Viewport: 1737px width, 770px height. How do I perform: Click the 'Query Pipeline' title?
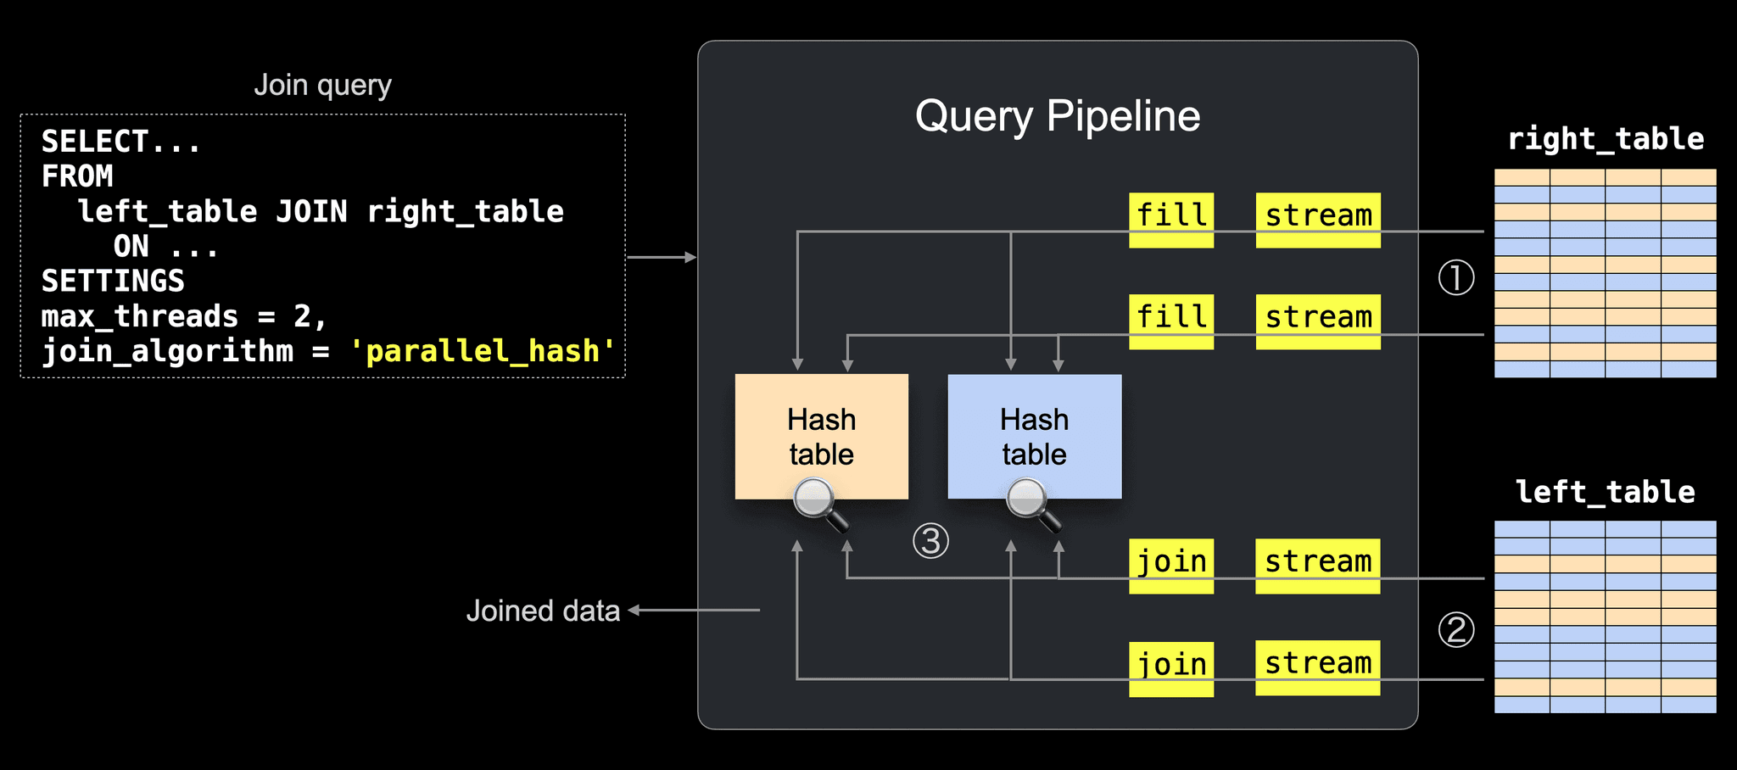(1058, 116)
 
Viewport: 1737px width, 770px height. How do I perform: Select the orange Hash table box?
(822, 437)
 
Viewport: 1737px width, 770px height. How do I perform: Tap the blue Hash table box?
(1035, 437)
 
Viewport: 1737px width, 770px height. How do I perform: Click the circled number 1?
(1456, 277)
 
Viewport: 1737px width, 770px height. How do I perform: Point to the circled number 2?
(1456, 630)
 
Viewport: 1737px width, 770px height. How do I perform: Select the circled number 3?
(930, 541)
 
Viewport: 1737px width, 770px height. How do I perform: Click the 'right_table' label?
(1606, 138)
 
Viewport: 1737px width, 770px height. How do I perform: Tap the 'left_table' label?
(1606, 492)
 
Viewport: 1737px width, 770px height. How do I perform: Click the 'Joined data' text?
(543, 611)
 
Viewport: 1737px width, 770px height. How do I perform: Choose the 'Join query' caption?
(322, 85)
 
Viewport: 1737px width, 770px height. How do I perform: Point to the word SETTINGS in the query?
(113, 281)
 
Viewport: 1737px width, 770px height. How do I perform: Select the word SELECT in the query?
(95, 141)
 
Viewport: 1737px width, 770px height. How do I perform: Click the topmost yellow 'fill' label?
(1171, 220)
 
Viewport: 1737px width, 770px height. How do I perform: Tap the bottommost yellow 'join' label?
(1171, 669)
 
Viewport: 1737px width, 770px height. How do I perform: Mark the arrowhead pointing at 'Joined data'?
(633, 610)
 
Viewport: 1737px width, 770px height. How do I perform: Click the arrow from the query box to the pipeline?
(662, 257)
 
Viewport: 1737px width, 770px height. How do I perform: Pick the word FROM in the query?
(77, 176)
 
